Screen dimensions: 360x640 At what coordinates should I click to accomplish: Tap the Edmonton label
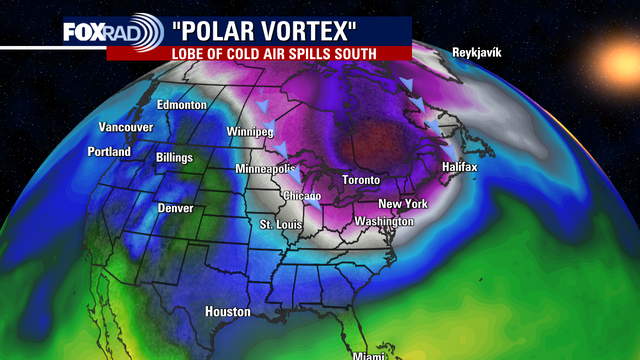coord(181,105)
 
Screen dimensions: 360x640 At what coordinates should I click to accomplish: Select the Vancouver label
coord(125,128)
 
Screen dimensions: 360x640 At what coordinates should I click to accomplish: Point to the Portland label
coord(108,152)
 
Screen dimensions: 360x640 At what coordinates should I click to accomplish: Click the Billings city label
coord(174,158)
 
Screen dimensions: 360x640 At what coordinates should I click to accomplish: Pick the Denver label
coord(175,208)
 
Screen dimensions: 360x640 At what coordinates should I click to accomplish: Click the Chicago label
coord(302,195)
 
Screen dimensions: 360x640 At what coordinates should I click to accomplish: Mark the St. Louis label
coord(280,225)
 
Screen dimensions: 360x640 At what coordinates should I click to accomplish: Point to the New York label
coord(403,204)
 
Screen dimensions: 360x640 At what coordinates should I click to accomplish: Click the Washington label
coord(383,220)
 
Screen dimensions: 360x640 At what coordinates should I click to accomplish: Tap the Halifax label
coord(460,167)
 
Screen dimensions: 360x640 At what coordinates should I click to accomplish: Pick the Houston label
coord(227,312)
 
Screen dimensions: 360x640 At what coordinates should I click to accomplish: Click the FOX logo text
coord(83,32)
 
